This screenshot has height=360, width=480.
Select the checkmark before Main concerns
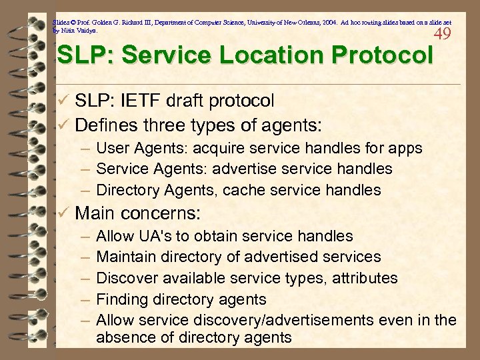[x=63, y=214]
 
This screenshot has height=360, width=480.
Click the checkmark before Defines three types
[x=63, y=125]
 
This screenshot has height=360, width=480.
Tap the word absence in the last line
[x=124, y=338]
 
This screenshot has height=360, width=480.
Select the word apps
[x=405, y=148]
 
